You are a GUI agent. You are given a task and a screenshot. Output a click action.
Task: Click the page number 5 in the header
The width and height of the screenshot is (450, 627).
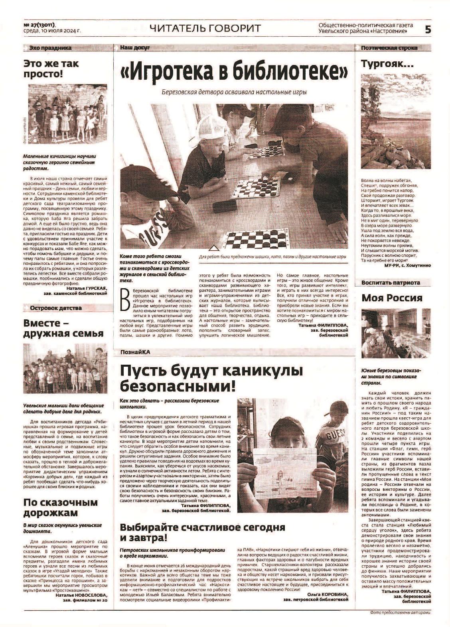tap(428, 29)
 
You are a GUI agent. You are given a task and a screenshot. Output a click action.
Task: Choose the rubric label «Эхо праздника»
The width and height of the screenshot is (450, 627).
tap(50, 48)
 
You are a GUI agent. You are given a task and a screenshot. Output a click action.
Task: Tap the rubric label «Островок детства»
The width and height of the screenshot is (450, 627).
tap(55, 308)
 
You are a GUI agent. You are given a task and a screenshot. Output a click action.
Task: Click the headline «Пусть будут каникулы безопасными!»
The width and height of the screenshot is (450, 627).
tap(211, 378)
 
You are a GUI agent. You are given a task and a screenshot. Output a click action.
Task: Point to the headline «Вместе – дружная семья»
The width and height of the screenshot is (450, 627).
tap(63, 328)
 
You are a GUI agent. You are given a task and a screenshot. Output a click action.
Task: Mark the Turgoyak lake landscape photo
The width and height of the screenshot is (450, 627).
tap(396, 127)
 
